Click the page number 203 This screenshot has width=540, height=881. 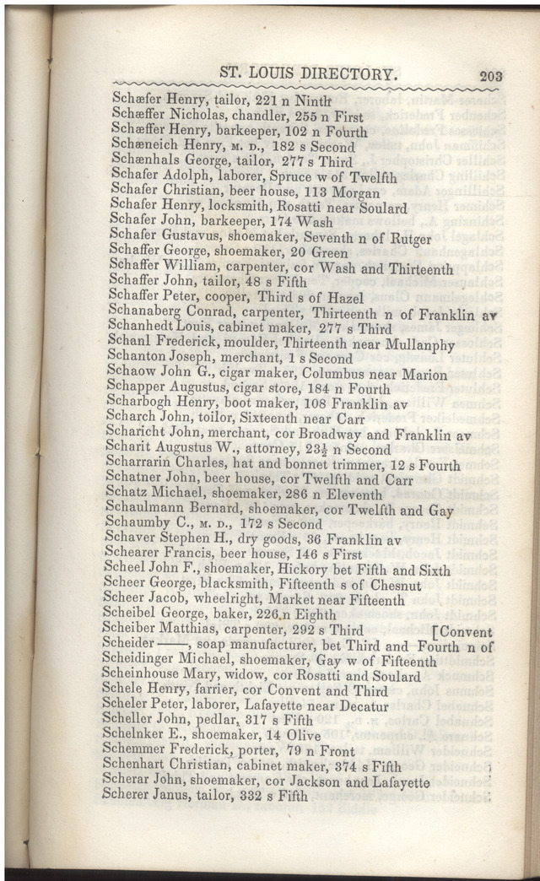490,75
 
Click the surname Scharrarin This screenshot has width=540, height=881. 142,465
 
